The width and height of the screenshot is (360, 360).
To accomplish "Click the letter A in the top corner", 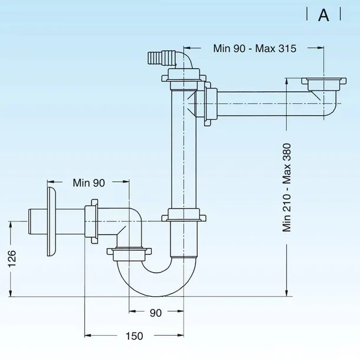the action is click(323, 15).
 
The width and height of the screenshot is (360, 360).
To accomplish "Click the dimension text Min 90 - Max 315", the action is click(254, 48).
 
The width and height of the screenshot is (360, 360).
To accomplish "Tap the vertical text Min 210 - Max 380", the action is click(287, 188).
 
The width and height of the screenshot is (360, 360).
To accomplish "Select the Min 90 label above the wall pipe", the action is click(89, 183).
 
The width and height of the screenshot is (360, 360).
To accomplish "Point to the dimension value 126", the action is click(12, 258).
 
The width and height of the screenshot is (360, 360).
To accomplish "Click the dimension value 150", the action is click(135, 336).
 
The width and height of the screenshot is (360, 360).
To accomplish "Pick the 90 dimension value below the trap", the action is click(156, 313).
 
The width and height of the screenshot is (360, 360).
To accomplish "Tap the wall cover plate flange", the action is click(51, 221).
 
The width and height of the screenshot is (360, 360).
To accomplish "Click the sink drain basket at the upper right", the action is click(324, 84).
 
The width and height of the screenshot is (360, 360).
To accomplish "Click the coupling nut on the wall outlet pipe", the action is click(91, 221).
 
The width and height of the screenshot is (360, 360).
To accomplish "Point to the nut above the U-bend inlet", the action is click(129, 254).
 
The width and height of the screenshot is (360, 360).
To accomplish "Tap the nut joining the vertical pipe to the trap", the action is click(184, 215).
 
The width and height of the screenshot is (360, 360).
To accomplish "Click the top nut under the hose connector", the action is click(184, 75).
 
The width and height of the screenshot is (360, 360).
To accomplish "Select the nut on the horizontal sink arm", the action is click(210, 103).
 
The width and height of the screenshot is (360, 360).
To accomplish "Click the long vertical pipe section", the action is click(184, 149).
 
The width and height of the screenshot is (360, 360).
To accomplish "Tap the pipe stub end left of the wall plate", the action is click(38, 221).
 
